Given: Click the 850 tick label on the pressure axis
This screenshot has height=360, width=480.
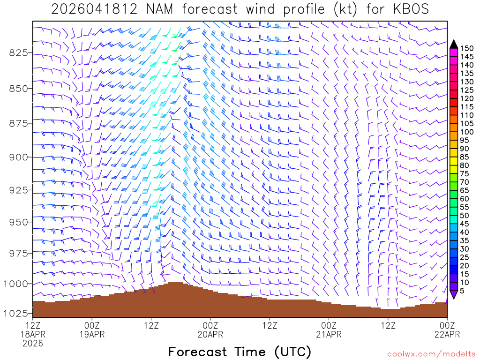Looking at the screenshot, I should (x=18, y=88).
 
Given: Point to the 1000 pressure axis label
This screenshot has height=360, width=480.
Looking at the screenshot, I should (x=16, y=284).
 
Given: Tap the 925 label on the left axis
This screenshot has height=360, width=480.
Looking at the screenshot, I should (x=18, y=190).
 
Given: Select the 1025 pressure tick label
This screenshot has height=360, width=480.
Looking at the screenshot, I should (x=16, y=313).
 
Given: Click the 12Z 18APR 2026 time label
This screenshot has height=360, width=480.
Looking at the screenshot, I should (x=33, y=334).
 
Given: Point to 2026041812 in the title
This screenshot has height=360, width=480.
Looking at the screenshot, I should (x=94, y=9).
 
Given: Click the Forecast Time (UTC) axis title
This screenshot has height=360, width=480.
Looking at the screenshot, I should (x=240, y=352).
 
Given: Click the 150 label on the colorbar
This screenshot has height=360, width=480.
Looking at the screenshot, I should (x=467, y=48).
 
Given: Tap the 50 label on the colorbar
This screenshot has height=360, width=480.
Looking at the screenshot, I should (x=465, y=216).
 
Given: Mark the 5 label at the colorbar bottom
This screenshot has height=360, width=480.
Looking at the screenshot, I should (x=462, y=291).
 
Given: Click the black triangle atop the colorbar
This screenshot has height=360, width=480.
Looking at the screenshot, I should (x=454, y=44).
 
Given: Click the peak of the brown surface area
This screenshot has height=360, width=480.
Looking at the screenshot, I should (x=176, y=283).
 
